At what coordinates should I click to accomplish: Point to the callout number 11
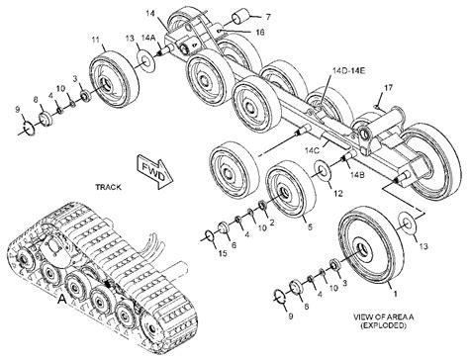coord(96,40)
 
